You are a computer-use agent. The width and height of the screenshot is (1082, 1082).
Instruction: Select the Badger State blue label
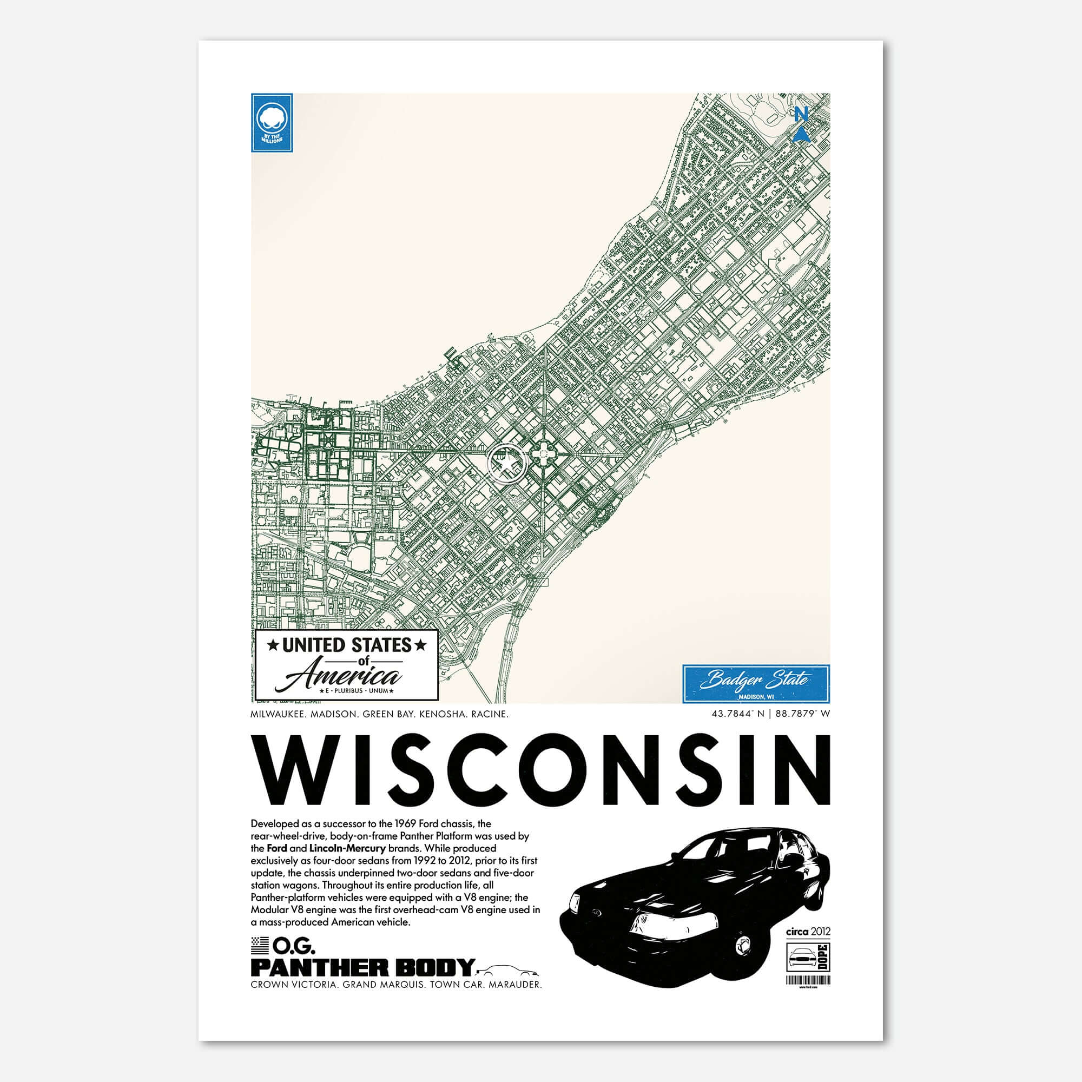(x=756, y=683)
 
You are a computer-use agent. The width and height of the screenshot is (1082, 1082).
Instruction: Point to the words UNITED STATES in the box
(x=347, y=645)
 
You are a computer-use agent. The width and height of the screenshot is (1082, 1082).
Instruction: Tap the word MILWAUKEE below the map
(x=278, y=715)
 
